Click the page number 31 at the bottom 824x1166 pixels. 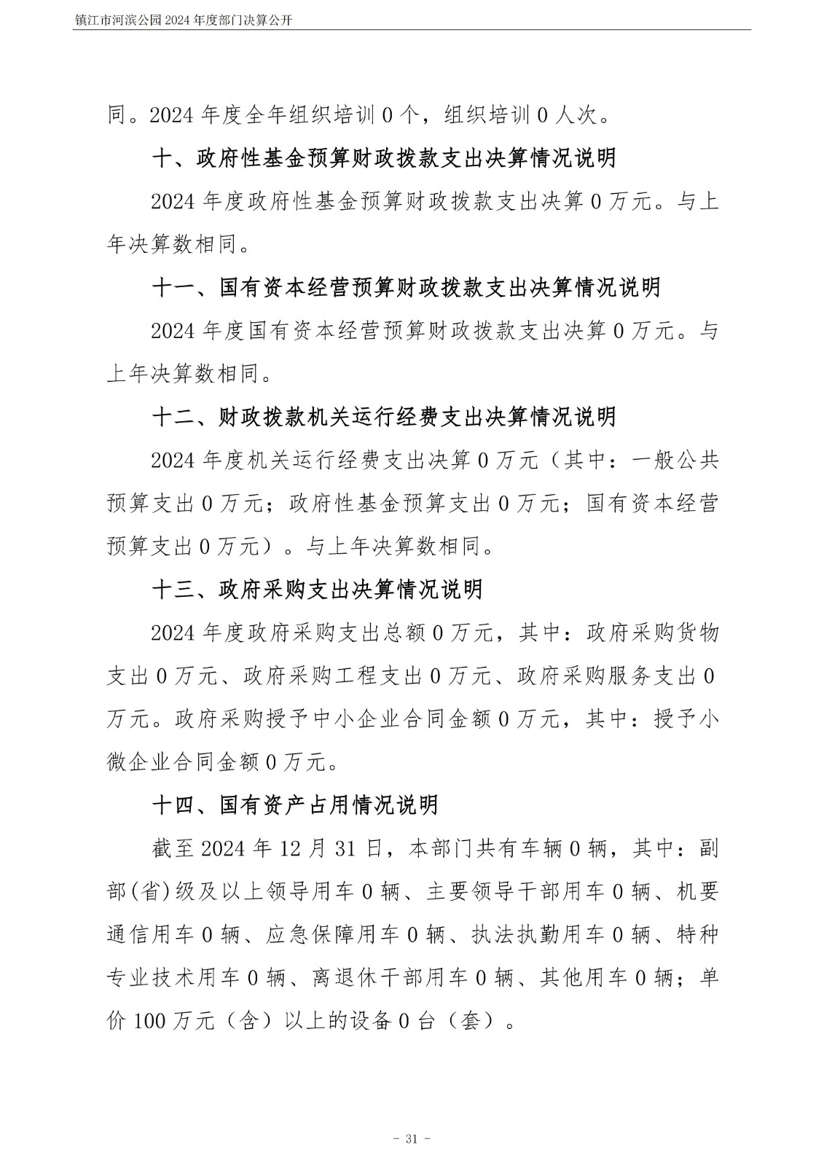[x=412, y=1138]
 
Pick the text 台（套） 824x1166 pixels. [x=458, y=1021]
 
